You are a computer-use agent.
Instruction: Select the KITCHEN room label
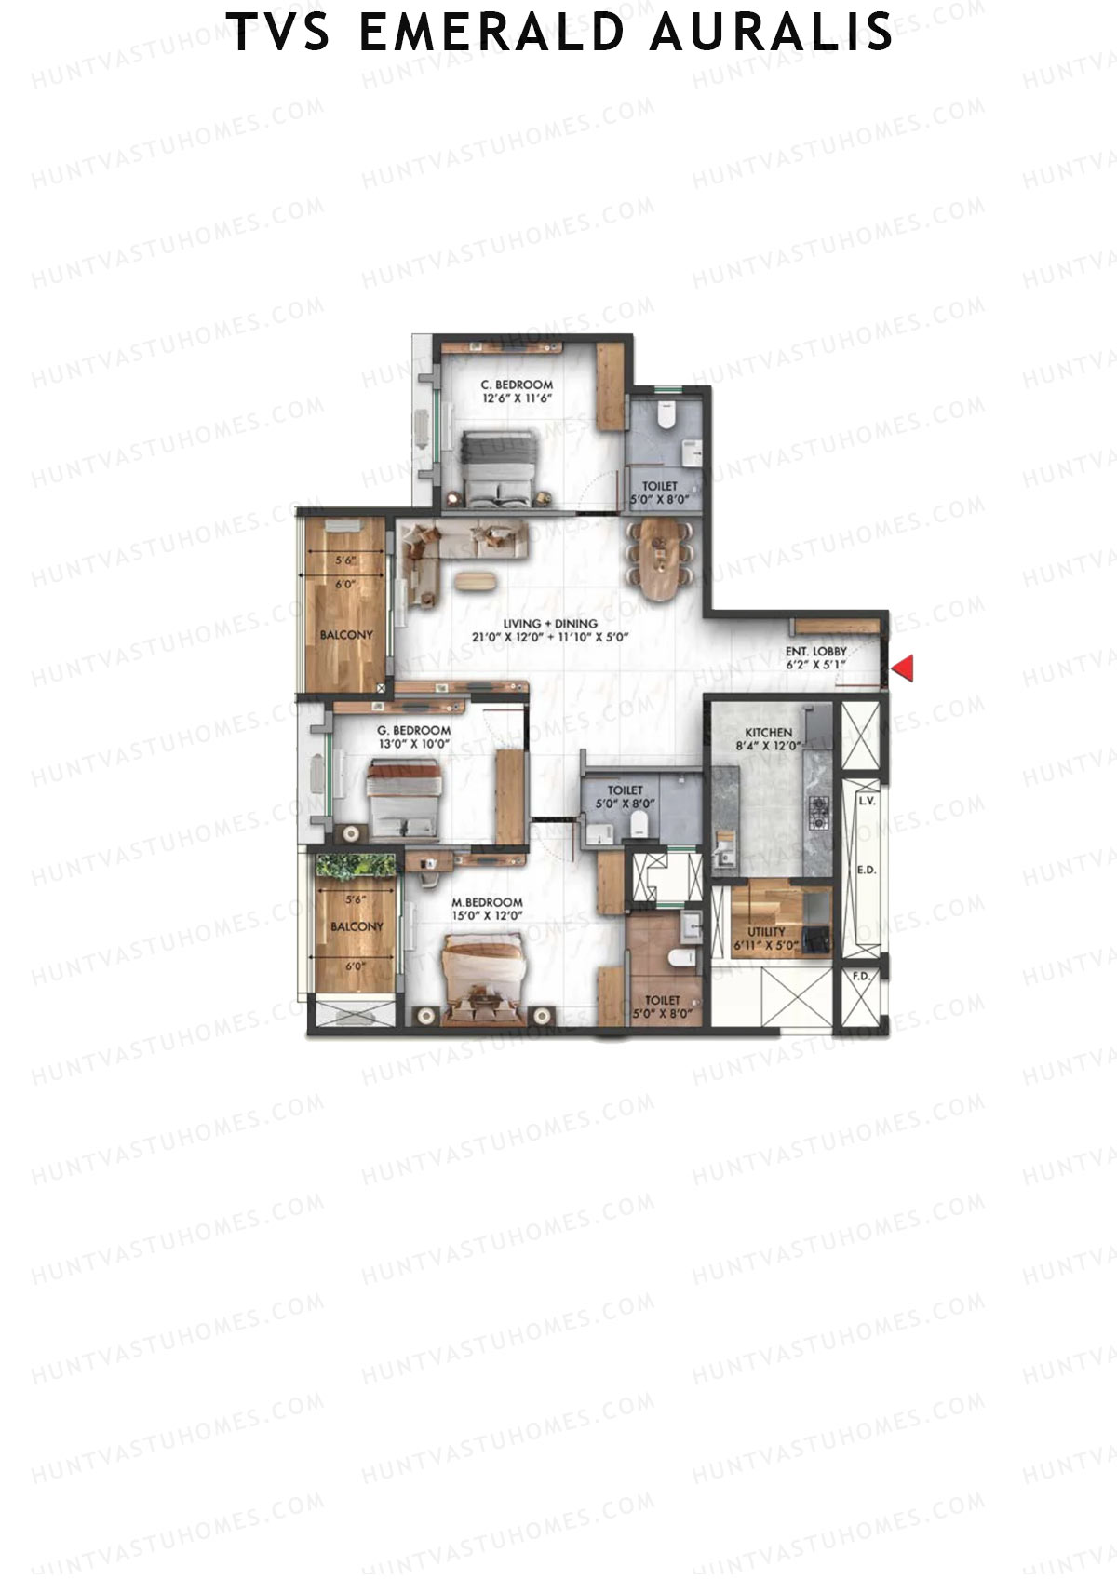(x=769, y=733)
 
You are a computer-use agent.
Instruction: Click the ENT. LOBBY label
(x=815, y=652)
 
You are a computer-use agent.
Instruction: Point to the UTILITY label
(x=766, y=931)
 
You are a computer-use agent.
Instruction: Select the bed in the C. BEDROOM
(x=501, y=468)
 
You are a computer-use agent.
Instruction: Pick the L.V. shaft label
(x=867, y=801)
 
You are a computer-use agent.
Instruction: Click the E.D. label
(x=866, y=871)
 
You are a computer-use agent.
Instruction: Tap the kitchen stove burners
(x=820, y=812)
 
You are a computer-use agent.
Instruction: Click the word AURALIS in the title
(x=772, y=32)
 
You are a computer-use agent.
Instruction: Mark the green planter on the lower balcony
(x=355, y=865)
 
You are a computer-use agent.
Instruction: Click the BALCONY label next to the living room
(x=346, y=635)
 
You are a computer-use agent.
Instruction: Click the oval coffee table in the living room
(x=478, y=580)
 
